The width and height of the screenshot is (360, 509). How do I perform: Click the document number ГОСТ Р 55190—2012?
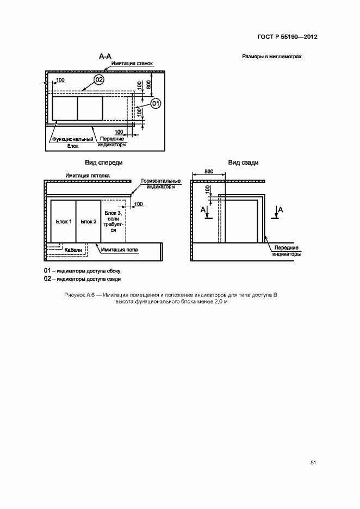288,37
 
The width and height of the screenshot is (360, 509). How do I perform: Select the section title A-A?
105,56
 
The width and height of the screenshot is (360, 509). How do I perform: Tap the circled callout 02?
98,79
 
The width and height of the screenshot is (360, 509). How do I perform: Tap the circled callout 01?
156,103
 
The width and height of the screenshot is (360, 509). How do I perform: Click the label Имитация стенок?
132,64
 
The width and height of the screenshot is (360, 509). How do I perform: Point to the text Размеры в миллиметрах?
271,57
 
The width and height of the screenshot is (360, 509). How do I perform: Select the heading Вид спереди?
103,162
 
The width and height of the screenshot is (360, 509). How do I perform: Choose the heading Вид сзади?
243,162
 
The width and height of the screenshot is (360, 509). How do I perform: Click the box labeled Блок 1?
63,221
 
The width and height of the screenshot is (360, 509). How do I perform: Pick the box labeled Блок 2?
88,221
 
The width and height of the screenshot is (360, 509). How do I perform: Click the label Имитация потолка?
87,176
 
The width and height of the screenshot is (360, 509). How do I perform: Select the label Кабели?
73,250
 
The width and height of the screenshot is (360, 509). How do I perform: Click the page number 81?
313,462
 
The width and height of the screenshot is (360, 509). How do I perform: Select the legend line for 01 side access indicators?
83,270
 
